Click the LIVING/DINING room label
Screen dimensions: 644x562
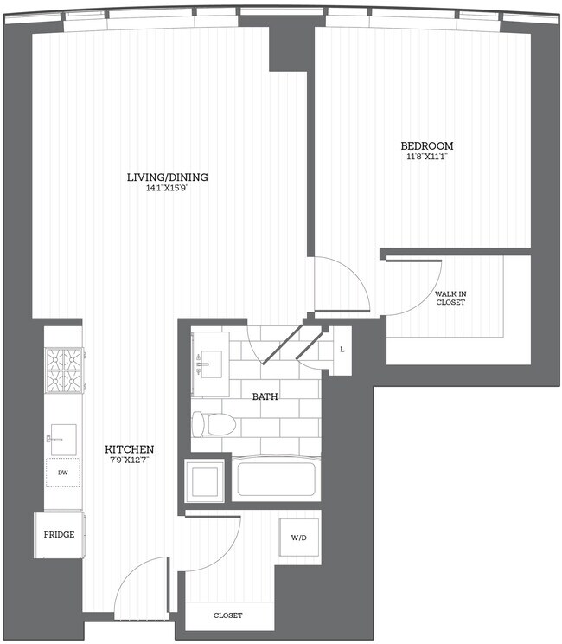coord(167,177)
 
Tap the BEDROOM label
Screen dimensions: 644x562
coord(426,145)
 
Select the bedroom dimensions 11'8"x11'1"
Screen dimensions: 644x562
coord(426,157)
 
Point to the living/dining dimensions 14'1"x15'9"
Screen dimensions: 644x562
coord(167,188)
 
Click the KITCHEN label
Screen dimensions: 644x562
coord(129,449)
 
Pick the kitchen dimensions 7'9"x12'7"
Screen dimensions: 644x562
coord(129,460)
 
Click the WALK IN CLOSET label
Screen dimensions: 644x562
coord(450,298)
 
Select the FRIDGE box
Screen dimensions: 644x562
coord(59,535)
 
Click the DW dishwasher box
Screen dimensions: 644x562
coord(63,473)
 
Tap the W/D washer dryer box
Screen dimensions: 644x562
coord(298,538)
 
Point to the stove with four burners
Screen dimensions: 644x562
coord(64,370)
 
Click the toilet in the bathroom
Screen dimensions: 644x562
coord(214,424)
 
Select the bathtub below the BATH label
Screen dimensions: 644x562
coord(275,479)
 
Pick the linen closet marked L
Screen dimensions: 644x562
coord(342,350)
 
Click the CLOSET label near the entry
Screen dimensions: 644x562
coord(228,615)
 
